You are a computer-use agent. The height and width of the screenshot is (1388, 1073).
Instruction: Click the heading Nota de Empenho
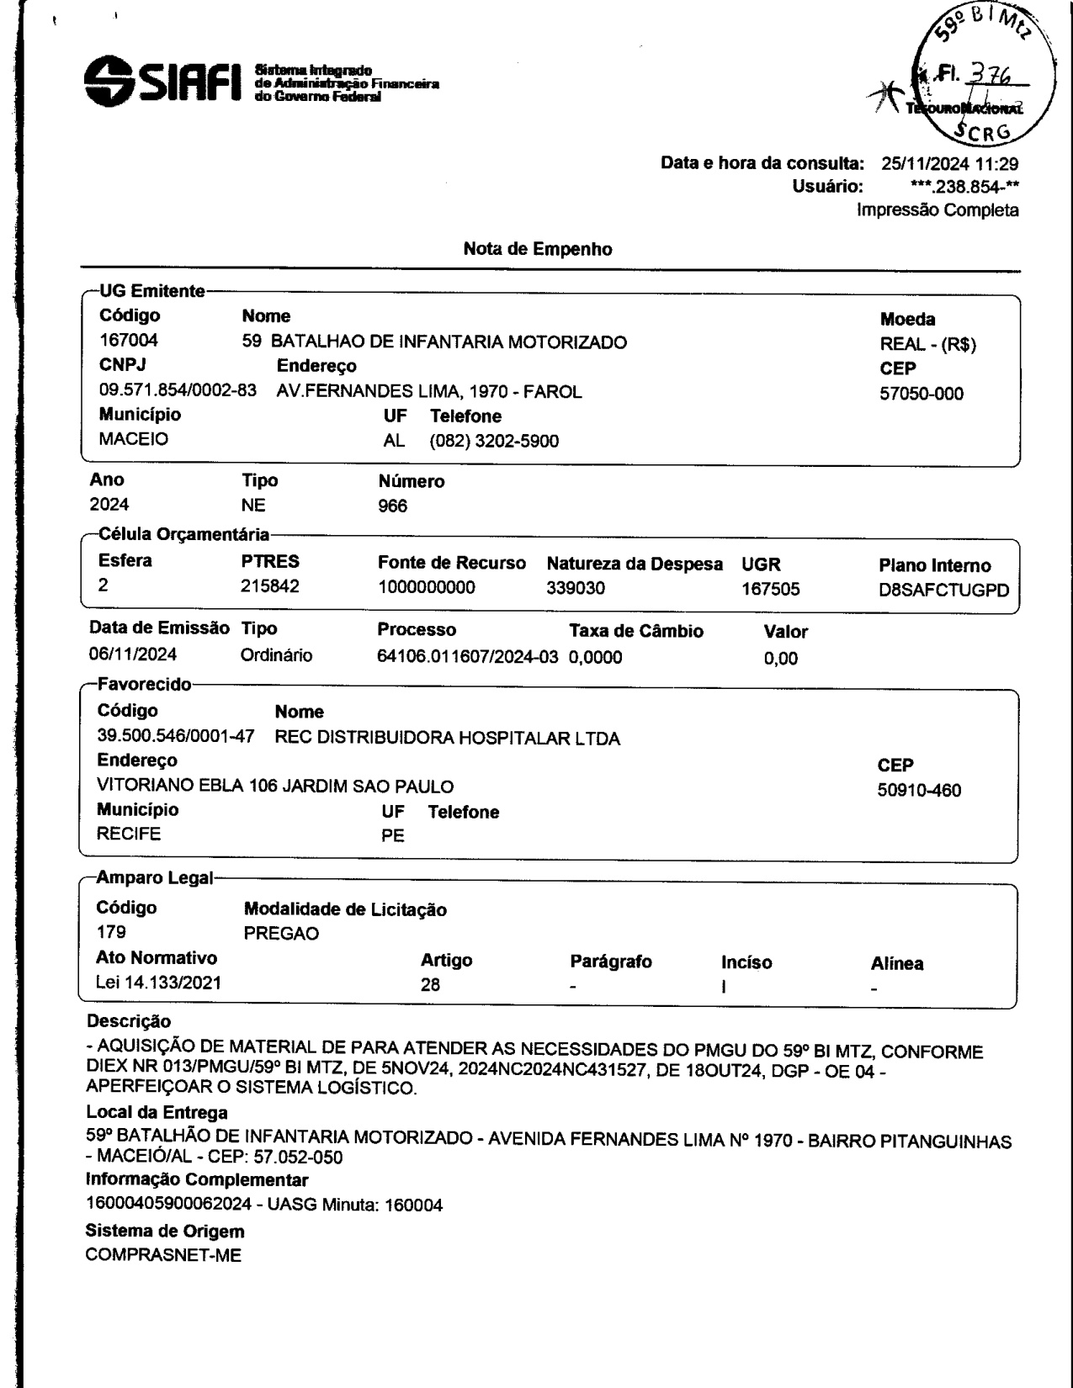coord(538,249)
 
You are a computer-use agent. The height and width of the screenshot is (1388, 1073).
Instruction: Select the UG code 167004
coord(128,342)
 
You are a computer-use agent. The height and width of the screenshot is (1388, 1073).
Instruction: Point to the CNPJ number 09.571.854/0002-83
coord(178,391)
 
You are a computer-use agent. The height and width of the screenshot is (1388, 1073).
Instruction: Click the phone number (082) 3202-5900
coord(494,441)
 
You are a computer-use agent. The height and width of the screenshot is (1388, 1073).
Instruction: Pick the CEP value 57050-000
coord(922,394)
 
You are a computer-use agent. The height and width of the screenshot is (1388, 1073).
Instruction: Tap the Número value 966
coord(393,506)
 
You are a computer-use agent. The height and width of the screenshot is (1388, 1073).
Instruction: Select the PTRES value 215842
coord(269,587)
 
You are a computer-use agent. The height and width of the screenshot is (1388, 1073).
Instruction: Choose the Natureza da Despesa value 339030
coord(576,588)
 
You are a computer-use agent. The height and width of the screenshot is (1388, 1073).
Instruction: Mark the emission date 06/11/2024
coord(133,655)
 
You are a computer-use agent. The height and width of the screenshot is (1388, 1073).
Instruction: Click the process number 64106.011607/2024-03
coord(467,657)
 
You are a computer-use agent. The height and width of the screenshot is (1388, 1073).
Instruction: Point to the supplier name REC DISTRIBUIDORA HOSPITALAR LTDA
coord(448,739)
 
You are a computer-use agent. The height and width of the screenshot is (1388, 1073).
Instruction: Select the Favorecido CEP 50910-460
coord(919,791)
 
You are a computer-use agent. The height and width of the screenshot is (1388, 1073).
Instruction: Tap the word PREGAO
coord(281,935)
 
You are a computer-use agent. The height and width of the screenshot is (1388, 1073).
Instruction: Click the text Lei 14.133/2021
coord(159,983)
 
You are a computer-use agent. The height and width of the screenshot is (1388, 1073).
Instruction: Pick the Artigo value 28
coord(430,985)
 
